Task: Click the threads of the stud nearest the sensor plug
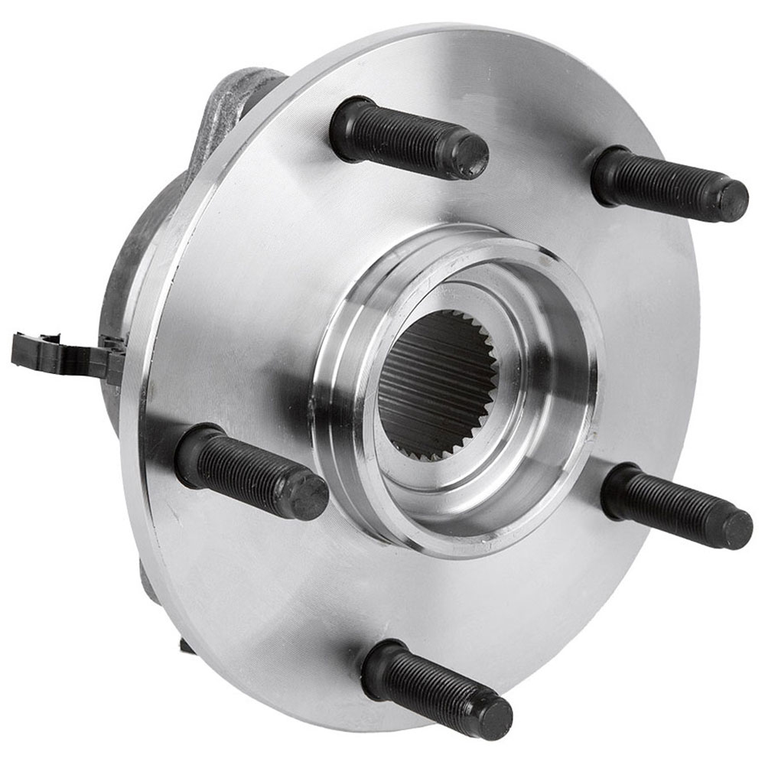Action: click(x=245, y=471)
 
